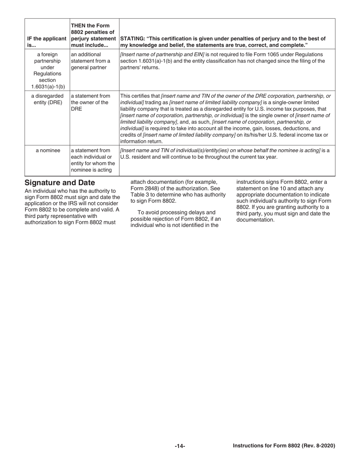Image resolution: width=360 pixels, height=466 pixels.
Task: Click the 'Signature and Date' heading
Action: [x=59, y=183]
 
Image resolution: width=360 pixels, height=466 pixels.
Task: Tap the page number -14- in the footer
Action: [x=180, y=446]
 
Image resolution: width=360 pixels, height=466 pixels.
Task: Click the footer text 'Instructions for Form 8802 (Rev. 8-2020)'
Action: [x=284, y=446]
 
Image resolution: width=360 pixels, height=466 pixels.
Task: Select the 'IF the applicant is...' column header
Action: [x=47, y=42]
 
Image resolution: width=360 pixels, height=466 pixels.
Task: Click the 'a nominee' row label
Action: [x=48, y=150]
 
